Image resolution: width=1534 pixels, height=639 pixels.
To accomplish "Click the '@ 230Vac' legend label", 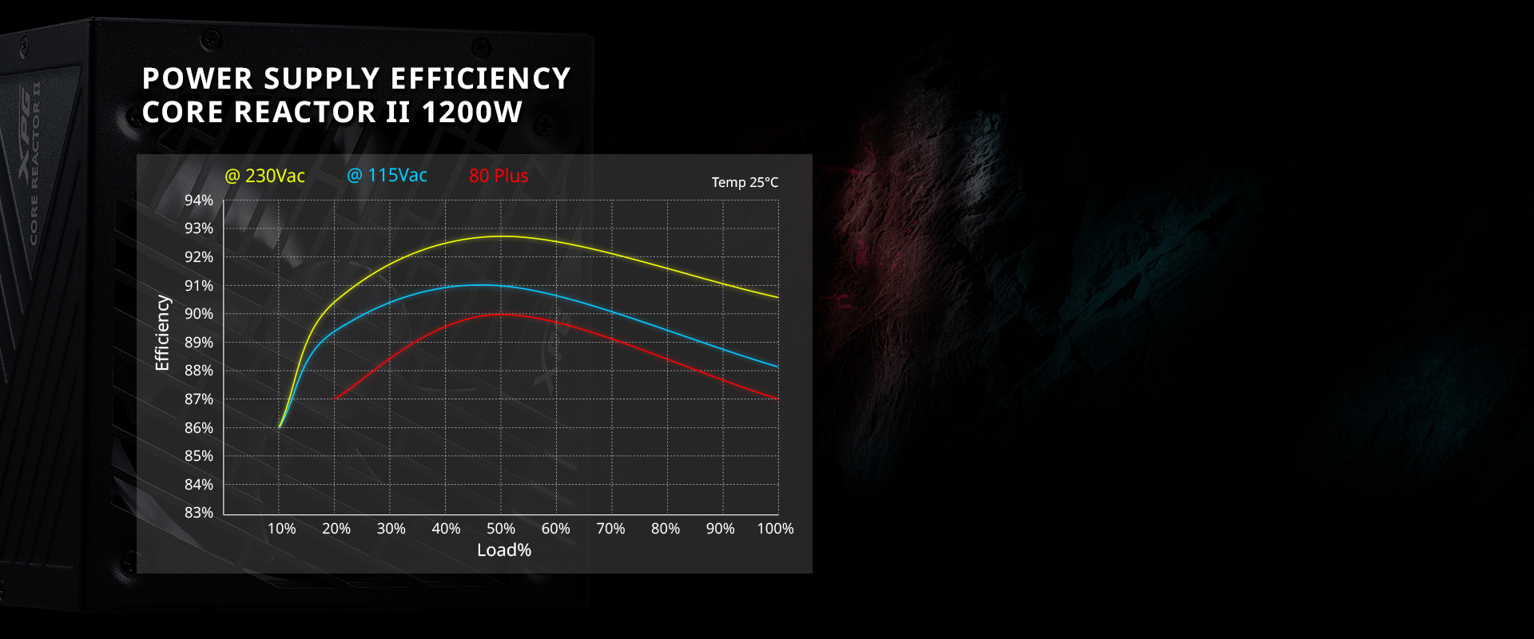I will [x=264, y=176].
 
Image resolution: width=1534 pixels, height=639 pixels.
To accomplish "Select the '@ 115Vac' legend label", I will [x=387, y=175].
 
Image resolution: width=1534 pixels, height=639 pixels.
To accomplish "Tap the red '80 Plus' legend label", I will [x=499, y=176].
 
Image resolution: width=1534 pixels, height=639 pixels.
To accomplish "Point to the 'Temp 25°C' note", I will [x=745, y=182].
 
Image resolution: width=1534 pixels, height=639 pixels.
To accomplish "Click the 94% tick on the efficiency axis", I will [x=199, y=200].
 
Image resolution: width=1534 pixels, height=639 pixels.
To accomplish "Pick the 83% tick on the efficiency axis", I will [x=199, y=513].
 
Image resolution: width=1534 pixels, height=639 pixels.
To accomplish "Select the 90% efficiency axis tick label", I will [x=199, y=314].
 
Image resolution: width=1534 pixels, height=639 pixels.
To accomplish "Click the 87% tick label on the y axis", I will [x=199, y=399].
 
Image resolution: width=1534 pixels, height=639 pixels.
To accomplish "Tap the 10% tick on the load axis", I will [x=281, y=529].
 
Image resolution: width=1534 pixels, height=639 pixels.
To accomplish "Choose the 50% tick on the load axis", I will [x=501, y=529].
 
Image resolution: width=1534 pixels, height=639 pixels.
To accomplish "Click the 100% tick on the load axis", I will [x=775, y=529].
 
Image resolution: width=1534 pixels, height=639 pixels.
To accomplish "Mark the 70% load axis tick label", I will [x=610, y=529].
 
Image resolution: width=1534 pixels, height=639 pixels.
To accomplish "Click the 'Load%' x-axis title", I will [x=504, y=550].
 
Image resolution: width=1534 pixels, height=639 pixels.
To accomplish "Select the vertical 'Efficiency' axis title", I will [x=162, y=333].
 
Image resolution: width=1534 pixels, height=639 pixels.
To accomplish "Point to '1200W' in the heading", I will [x=471, y=113].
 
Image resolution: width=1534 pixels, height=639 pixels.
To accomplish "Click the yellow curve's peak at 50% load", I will [x=501, y=236].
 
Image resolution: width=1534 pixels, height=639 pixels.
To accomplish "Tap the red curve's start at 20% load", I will [x=335, y=398].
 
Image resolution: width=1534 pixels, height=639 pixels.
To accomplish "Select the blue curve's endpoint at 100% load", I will [x=777, y=367].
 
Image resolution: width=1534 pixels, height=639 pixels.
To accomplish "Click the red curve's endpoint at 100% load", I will [x=777, y=398].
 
